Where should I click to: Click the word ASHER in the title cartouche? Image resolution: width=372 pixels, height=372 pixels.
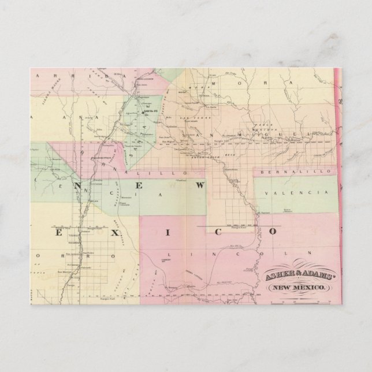coord(277,277)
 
